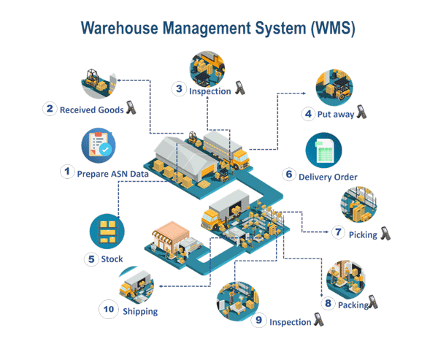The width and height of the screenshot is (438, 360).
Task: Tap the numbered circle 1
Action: coord(67,172)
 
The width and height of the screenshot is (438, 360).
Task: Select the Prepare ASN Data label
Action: coord(110,174)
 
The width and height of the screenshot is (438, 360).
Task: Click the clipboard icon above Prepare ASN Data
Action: coord(100,146)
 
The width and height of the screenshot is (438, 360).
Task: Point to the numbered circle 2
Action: coord(50,110)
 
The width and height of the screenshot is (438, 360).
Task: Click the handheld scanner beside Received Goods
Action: coord(131,108)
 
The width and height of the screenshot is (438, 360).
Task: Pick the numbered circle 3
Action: coord(179,89)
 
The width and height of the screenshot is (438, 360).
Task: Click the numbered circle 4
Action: coord(309,114)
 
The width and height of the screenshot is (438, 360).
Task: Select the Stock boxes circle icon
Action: coord(107,231)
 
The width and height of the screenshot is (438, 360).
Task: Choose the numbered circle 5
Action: coord(91,258)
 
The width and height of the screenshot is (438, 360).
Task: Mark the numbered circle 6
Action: coord(289,175)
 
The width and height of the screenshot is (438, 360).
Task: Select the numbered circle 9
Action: coord(258,320)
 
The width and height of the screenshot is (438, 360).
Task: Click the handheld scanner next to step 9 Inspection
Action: coord(318,319)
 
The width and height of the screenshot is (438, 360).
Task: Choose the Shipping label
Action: coord(139,310)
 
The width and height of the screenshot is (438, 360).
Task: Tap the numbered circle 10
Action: coord(109,310)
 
